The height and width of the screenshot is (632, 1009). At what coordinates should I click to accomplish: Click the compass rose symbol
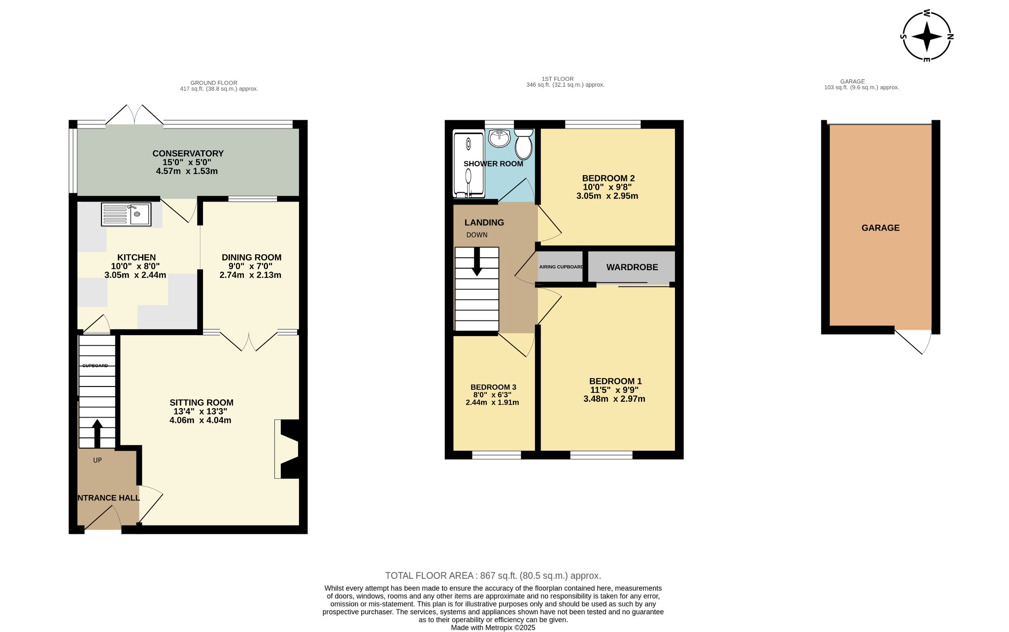pyautogui.click(x=927, y=36)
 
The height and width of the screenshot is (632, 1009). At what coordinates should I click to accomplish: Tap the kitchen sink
pyautogui.click(x=126, y=214)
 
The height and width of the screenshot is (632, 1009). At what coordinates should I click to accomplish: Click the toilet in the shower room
pyautogui.click(x=523, y=144)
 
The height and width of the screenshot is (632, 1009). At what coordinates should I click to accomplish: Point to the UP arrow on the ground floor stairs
pyautogui.click(x=97, y=432)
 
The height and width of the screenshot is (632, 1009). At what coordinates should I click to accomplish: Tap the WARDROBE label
pyautogui.click(x=632, y=267)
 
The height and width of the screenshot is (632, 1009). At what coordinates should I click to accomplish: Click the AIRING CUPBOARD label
pyautogui.click(x=561, y=267)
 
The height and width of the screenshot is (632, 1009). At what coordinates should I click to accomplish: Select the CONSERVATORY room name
pyautogui.click(x=188, y=153)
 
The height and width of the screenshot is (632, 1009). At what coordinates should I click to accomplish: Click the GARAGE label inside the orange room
pyautogui.click(x=880, y=228)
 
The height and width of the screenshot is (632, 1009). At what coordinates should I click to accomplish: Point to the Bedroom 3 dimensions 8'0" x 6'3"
pyautogui.click(x=493, y=395)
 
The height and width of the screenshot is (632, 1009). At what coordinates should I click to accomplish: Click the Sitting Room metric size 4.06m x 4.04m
pyautogui.click(x=200, y=421)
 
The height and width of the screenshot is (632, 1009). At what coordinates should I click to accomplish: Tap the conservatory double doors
pyautogui.click(x=135, y=115)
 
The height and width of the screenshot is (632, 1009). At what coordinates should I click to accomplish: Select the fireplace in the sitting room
pyautogui.click(x=287, y=449)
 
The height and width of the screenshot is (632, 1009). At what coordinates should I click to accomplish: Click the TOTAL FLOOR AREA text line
pyautogui.click(x=493, y=576)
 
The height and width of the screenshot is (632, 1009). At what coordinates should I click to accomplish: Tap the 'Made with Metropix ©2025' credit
pyautogui.click(x=493, y=628)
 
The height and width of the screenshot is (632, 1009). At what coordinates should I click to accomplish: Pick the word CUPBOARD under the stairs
pyautogui.click(x=95, y=366)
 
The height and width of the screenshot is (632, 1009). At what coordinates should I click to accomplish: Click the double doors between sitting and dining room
pyautogui.click(x=249, y=341)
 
